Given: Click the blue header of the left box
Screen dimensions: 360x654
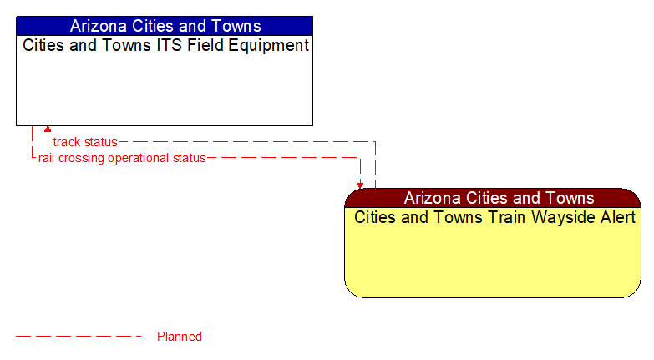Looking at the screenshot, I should pyautogui.click(x=165, y=26).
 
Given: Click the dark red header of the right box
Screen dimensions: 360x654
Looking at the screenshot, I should pyautogui.click(x=493, y=198).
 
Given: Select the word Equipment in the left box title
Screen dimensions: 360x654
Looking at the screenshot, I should pyautogui.click(x=264, y=46).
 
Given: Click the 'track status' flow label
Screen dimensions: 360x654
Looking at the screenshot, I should pyautogui.click(x=85, y=142).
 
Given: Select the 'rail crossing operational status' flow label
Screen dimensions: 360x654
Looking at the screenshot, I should pyautogui.click(x=122, y=158).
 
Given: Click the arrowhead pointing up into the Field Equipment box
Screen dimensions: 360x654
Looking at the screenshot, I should pyautogui.click(x=48, y=130).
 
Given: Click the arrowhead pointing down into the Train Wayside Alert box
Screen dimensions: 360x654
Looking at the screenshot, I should pyautogui.click(x=360, y=185).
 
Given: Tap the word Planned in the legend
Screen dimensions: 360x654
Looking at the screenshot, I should pyautogui.click(x=180, y=337).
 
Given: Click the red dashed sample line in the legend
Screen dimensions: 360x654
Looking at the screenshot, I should pyautogui.click(x=79, y=337).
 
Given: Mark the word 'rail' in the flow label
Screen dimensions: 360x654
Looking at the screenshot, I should pyautogui.click(x=47, y=158).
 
